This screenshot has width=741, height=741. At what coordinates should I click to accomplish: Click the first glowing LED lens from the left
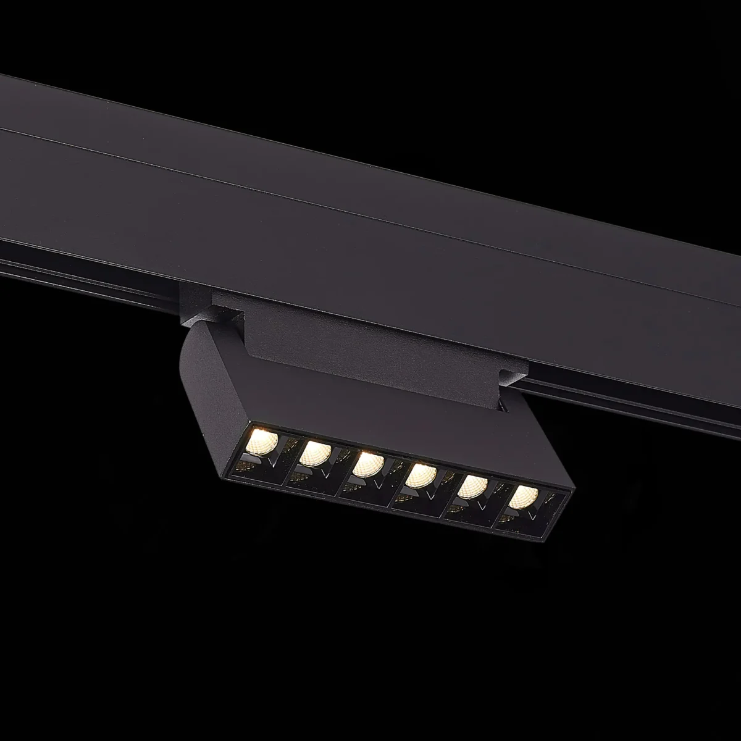point(262,442)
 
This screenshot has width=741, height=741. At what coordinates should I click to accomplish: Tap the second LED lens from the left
point(315,453)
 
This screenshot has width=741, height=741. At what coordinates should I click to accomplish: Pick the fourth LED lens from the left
point(421,475)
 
